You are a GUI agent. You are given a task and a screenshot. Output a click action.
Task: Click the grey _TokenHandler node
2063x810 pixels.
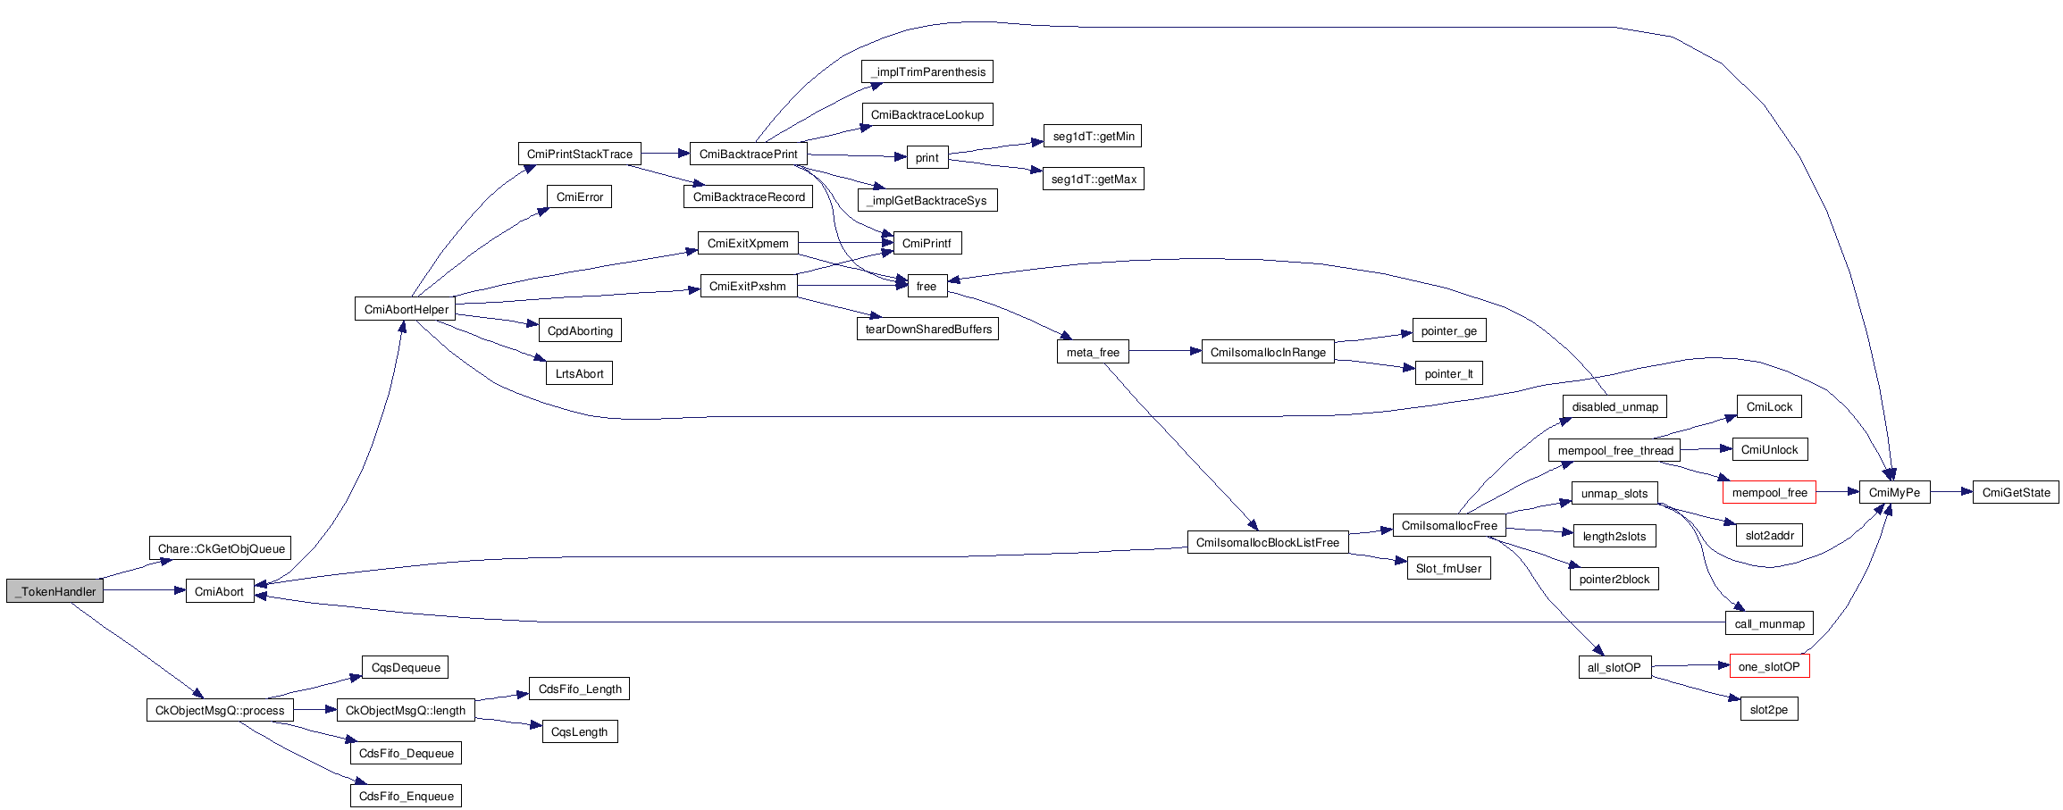pos(55,591)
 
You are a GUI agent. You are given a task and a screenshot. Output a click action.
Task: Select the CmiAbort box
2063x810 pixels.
pos(219,591)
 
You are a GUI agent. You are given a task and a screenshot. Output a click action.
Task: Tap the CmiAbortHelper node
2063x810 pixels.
pos(406,309)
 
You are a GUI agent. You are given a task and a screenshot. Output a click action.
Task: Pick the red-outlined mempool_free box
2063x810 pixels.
pos(1769,492)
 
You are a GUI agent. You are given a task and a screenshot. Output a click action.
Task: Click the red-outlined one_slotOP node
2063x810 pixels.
pos(1769,666)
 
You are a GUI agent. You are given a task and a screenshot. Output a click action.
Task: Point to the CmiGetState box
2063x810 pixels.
pos(2016,492)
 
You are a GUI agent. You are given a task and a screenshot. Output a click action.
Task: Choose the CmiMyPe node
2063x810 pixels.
pos(1894,492)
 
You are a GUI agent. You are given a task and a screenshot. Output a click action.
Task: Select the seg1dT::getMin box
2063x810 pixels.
pos(1093,136)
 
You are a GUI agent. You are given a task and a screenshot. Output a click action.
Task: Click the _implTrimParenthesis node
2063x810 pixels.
pos(927,71)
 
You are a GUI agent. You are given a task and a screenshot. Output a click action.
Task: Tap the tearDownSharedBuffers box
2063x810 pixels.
pos(927,329)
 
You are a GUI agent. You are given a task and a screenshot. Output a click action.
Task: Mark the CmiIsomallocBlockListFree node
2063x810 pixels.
pos(1267,542)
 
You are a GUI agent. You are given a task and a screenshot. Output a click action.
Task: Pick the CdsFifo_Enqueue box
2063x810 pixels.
pos(406,796)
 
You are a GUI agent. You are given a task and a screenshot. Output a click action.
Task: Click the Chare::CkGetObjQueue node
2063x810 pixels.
pos(221,548)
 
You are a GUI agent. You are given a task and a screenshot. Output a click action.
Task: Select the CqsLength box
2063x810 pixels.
pos(579,731)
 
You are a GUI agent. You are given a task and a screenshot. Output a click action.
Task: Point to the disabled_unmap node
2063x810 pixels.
pos(1614,406)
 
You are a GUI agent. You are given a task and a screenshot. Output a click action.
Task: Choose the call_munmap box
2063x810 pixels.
pos(1769,623)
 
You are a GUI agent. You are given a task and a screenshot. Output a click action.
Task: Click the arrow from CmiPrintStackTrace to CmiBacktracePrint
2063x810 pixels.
pos(665,154)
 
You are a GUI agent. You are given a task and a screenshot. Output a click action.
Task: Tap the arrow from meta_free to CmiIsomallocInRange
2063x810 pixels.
pos(1165,352)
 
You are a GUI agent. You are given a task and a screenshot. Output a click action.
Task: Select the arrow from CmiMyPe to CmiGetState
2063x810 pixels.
pos(1951,492)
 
